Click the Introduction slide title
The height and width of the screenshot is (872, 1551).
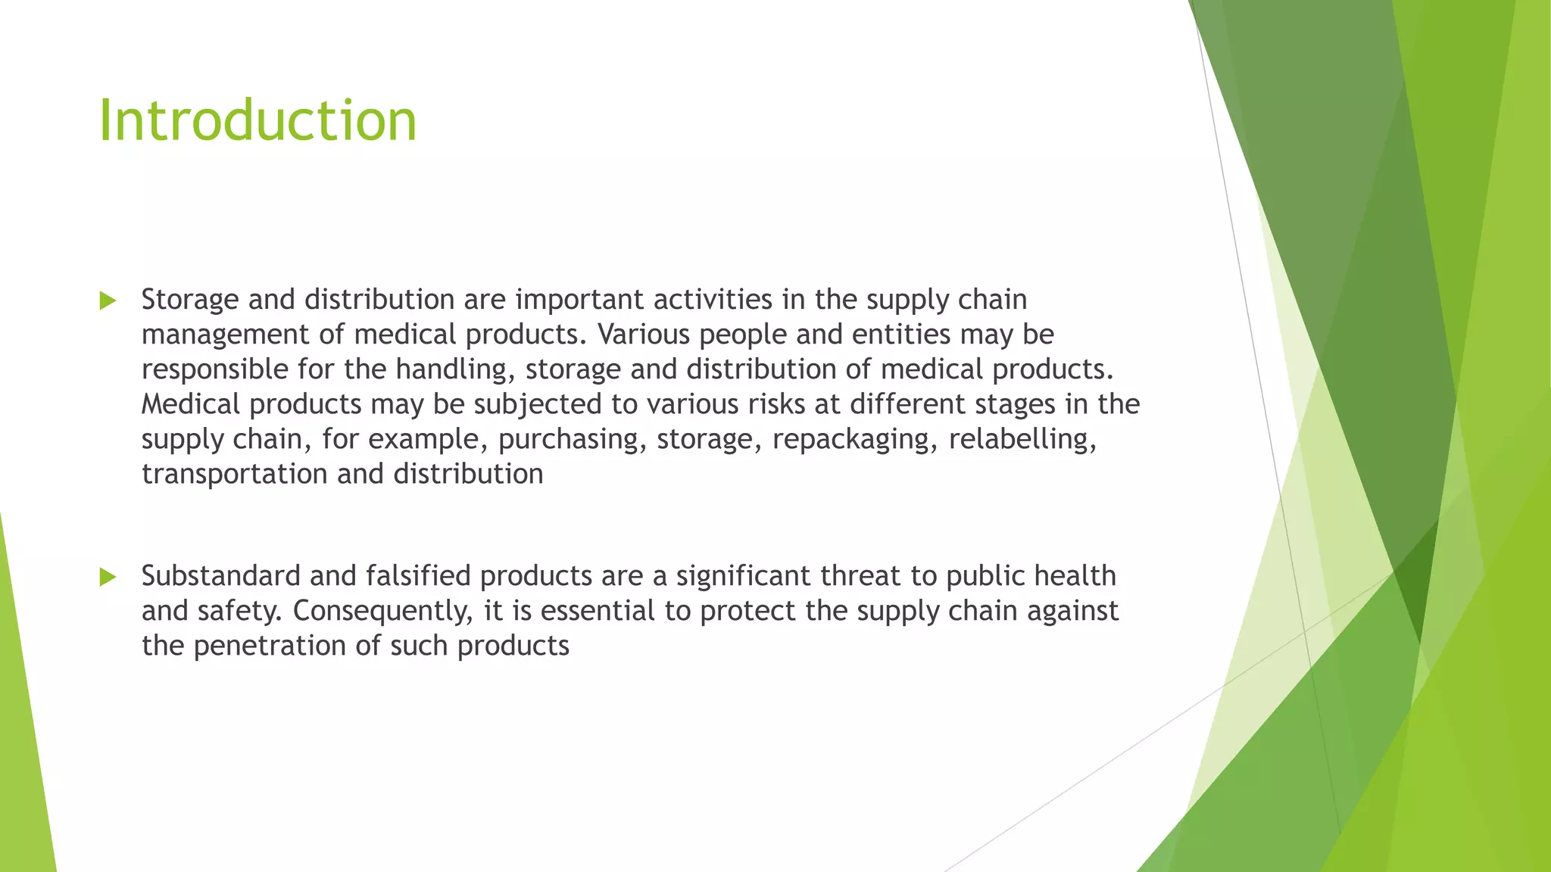click(257, 121)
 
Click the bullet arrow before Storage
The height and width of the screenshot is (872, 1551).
click(108, 301)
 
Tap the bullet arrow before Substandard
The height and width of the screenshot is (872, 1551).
click(108, 578)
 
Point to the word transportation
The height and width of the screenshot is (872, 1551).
click(235, 475)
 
